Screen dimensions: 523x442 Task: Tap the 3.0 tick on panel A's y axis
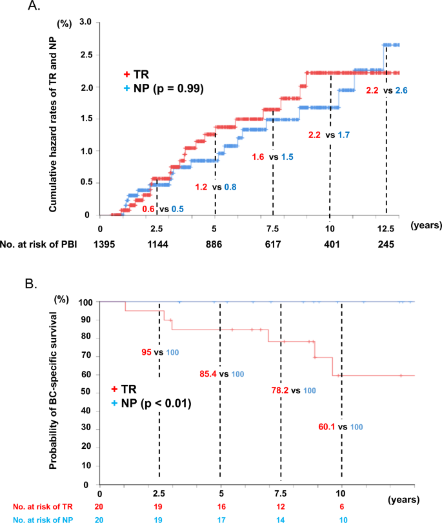[84, 23]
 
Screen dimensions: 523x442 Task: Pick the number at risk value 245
[386, 246]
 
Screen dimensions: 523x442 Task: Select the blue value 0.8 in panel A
[230, 187]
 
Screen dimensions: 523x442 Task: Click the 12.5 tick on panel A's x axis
[386, 227]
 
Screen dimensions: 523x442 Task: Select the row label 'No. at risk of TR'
[32, 508]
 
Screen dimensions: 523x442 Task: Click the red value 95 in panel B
[147, 352]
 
